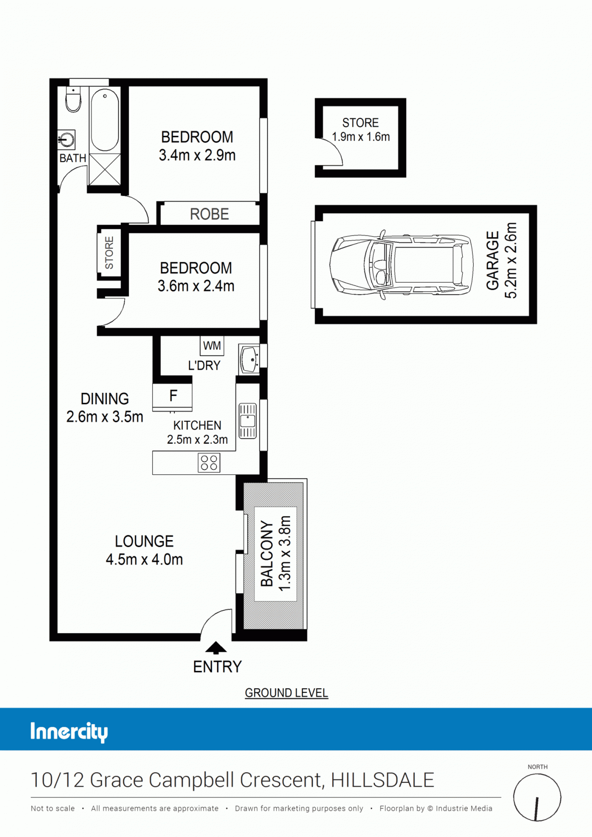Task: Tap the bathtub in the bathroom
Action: (105, 120)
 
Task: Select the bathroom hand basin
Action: (66, 140)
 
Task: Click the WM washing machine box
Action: (212, 345)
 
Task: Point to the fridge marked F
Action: (172, 396)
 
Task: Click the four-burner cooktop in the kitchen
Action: (209, 463)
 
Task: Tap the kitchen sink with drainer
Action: (248, 421)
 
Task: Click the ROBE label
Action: (209, 214)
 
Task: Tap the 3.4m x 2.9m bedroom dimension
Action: (197, 155)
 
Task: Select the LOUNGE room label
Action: (144, 541)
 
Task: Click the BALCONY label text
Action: (267, 554)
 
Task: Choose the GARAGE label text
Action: (493, 261)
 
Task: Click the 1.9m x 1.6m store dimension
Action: (361, 137)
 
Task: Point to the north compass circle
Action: (537, 797)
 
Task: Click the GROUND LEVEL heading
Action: (287, 693)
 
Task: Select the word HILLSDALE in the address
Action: (382, 780)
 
